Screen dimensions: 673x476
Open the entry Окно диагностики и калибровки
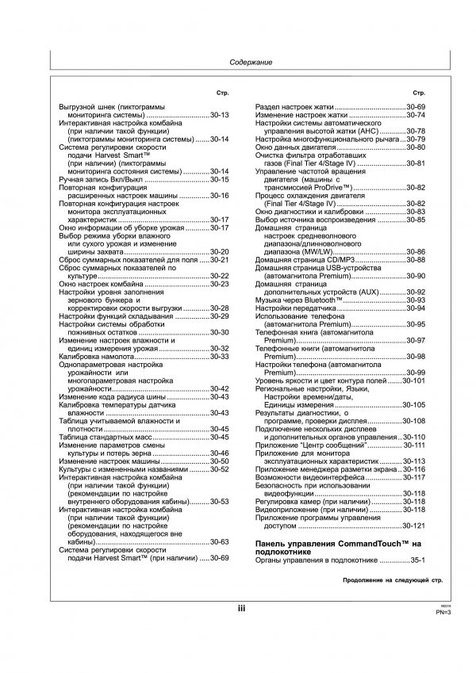click(320, 212)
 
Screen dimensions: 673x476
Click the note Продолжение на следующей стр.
click(392, 581)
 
